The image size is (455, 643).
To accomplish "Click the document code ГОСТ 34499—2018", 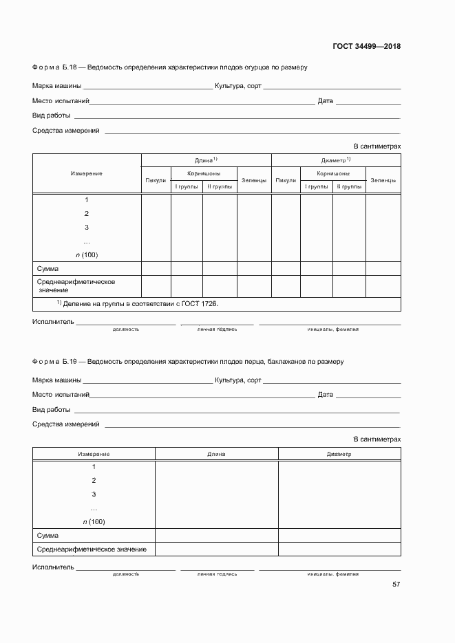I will click(x=366, y=47).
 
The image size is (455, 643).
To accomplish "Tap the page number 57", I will click(x=396, y=585).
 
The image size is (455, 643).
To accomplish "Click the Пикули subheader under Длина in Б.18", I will click(x=156, y=180).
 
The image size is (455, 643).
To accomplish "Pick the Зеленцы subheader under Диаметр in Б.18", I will click(x=383, y=180).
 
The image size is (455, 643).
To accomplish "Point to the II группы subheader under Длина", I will click(x=220, y=186).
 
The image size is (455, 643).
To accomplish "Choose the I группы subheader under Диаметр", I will click(x=316, y=186).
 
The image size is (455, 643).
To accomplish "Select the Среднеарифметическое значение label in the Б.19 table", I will click(x=92, y=549).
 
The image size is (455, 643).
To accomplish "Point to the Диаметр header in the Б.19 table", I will click(x=339, y=455).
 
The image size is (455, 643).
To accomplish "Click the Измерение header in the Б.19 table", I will click(x=94, y=455).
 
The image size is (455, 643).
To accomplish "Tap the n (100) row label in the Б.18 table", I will click(x=86, y=254).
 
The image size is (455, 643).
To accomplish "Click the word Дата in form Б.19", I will click(x=325, y=395).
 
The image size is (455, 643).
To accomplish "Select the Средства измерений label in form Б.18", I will click(x=66, y=130).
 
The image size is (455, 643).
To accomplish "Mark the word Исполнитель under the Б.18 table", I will click(x=52, y=322).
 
